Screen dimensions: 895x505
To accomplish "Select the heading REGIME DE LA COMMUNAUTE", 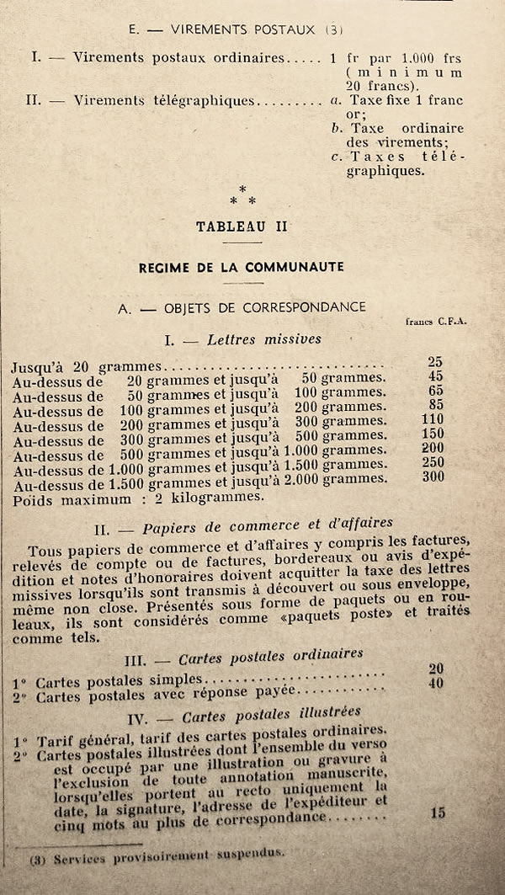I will click(242, 267).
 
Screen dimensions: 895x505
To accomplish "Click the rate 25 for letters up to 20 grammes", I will click(435, 361).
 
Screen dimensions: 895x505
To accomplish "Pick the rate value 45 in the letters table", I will click(435, 376).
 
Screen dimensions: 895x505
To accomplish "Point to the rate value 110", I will click(433, 419).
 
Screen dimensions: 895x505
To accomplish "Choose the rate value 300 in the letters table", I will click(433, 477).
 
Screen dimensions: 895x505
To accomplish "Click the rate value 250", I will click(433, 462).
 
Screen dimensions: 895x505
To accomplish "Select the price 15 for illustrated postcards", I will click(437, 812).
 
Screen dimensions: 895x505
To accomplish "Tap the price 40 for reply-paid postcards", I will click(435, 683).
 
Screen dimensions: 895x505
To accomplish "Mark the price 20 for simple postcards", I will click(435, 669).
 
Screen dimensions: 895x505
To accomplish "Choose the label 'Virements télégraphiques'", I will click(164, 100).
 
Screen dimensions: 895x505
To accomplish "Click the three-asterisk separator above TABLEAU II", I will click(242, 196).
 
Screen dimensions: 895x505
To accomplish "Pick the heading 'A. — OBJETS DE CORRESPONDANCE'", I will click(242, 308).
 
